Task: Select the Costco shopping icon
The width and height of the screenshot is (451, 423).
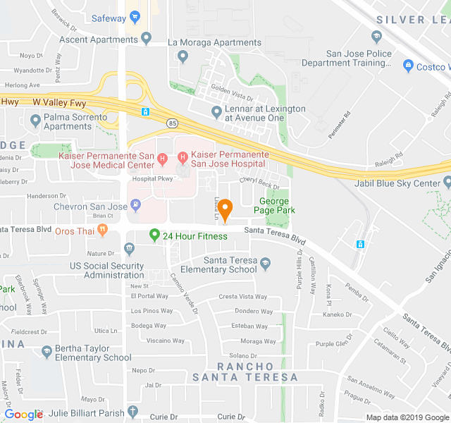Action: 407,66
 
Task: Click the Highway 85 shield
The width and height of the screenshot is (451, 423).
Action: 172,123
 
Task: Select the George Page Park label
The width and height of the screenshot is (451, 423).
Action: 272,205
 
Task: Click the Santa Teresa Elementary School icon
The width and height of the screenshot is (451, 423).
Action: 265,264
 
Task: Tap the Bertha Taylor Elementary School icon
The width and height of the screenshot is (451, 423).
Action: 47,350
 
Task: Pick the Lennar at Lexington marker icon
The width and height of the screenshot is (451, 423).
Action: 216,111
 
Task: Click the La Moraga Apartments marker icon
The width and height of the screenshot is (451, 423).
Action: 183,55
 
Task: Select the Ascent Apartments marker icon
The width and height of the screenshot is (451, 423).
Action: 147,39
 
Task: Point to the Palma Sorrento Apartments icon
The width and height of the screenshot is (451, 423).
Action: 35,121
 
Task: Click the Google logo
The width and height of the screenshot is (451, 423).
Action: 23,415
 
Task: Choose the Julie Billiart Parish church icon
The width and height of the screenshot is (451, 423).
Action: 133,412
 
